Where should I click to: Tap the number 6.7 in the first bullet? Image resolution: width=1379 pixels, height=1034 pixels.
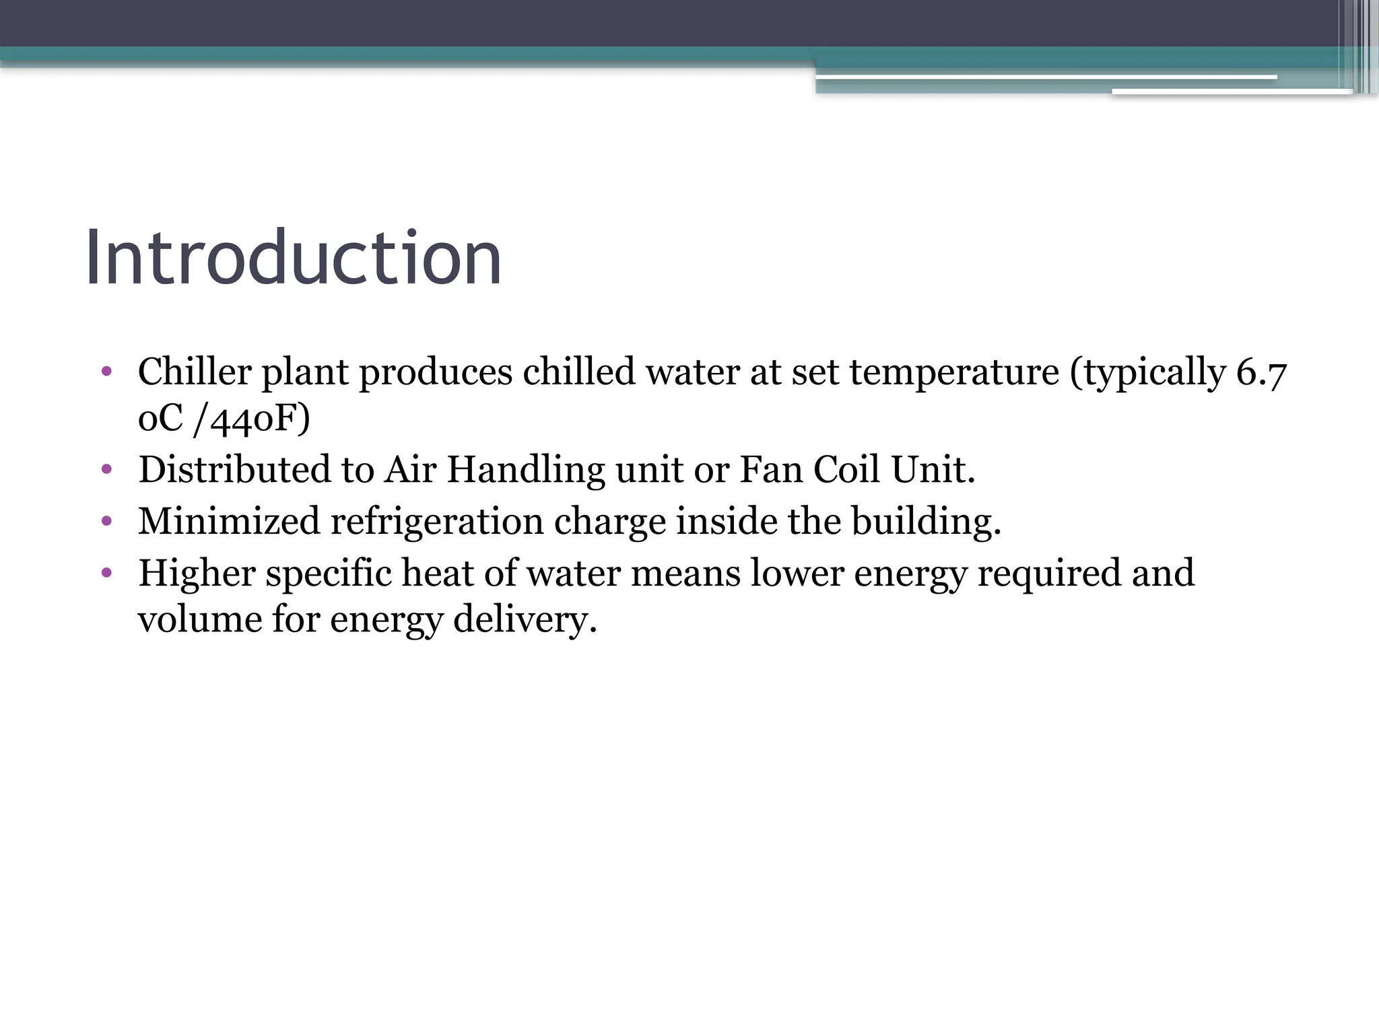[1261, 372]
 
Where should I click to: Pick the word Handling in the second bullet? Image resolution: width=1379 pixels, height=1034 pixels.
[525, 470]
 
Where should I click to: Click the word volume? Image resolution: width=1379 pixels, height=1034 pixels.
[199, 619]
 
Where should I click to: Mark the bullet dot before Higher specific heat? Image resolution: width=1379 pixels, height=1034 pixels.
[106, 572]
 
